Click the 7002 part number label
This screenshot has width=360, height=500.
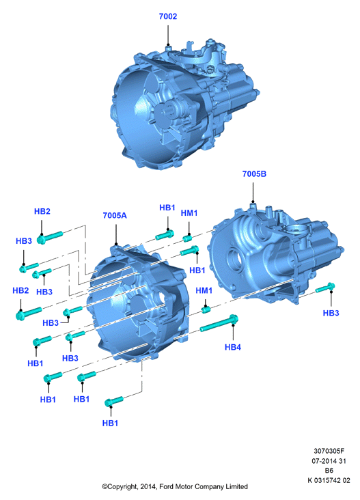point(168,16)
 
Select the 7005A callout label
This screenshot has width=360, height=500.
point(115,216)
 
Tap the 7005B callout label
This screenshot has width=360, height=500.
point(254,173)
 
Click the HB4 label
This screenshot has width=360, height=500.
point(233,347)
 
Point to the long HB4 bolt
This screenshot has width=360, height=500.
point(219,322)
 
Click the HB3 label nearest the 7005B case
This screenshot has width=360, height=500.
point(331,313)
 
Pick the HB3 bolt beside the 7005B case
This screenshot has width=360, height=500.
point(325,288)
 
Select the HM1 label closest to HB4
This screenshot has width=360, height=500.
point(204,290)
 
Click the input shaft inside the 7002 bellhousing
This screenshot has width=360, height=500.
point(168,112)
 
